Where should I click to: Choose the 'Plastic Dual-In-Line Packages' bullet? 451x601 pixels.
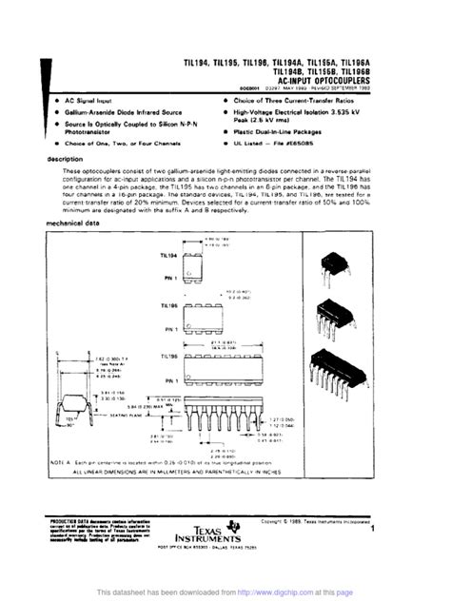click(x=286, y=132)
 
